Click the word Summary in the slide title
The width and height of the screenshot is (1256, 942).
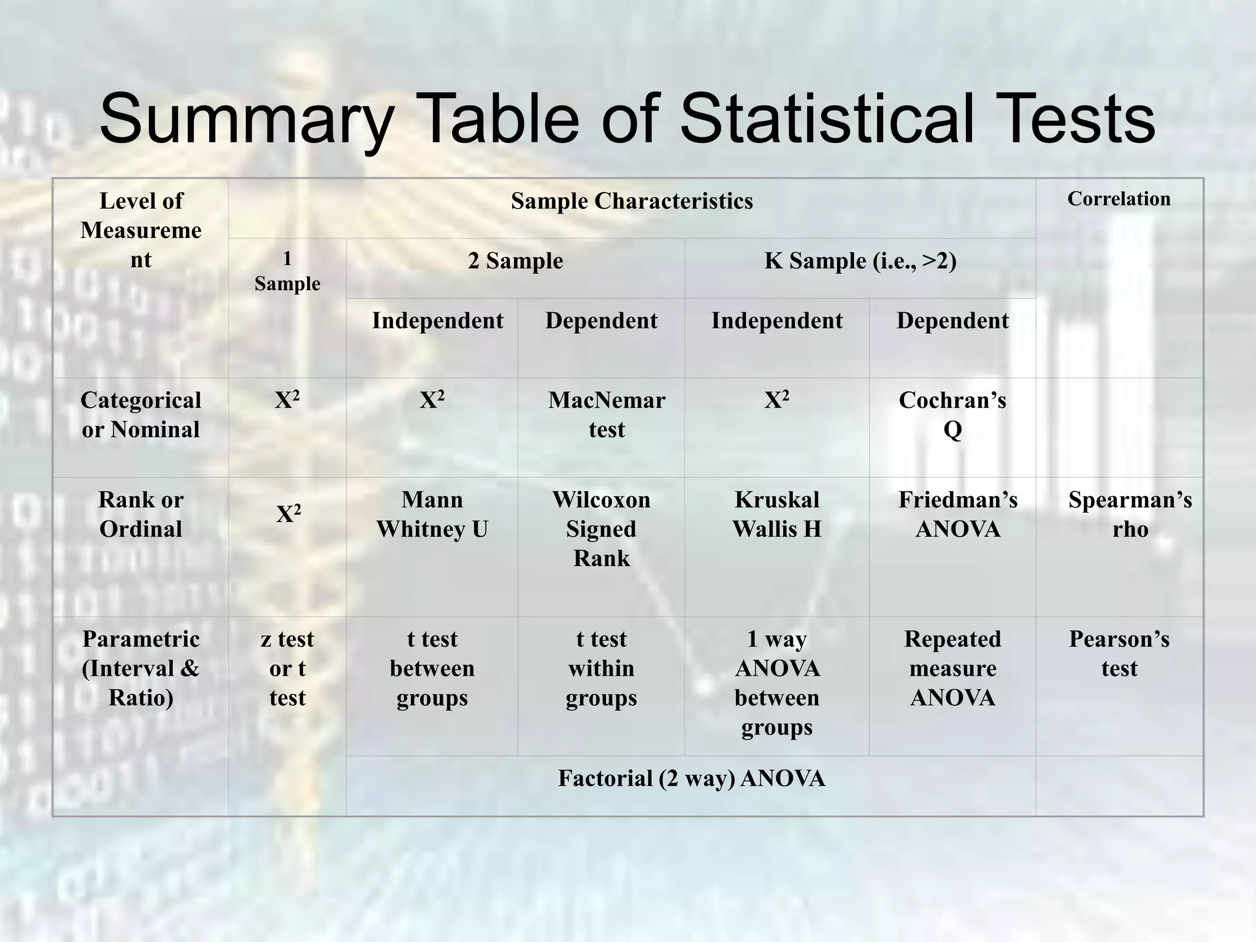(245, 120)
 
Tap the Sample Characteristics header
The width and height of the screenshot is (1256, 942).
(632, 201)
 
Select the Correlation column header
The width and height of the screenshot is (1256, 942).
(1119, 199)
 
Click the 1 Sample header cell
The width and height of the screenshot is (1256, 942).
(287, 271)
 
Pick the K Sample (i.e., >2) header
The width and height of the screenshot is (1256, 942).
(860, 261)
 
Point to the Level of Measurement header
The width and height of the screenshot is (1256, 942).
(140, 230)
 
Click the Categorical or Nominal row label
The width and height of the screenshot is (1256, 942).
(140, 415)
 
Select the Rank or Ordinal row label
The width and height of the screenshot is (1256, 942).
(140, 515)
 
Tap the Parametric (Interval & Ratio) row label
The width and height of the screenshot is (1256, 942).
(140, 668)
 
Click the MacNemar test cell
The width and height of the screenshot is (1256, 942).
(606, 415)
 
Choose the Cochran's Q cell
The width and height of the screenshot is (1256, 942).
(952, 415)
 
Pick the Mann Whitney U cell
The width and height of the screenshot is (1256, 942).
(432, 515)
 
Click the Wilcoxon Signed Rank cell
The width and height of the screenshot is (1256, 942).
(601, 529)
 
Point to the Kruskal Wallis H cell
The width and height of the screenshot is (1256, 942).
(776, 515)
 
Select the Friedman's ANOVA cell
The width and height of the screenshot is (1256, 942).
(957, 515)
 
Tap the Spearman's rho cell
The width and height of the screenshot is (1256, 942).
(1130, 515)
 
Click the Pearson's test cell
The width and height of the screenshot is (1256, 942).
(1119, 654)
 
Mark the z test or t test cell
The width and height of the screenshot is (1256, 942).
(287, 668)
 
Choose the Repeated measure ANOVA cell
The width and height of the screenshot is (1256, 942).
(952, 668)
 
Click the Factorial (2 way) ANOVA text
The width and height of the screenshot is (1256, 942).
(691, 779)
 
